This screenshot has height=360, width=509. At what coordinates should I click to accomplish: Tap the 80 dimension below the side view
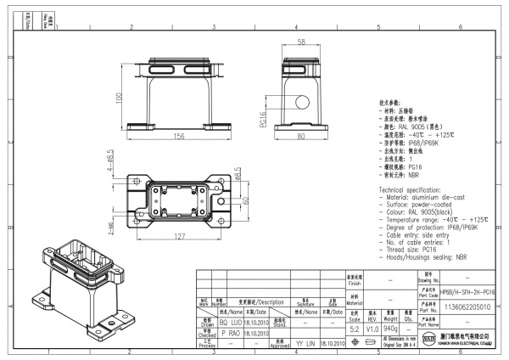pos(300,135)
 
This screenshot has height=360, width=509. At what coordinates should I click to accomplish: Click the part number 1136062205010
pos(467,307)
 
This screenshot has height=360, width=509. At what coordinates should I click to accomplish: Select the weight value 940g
pos(391,327)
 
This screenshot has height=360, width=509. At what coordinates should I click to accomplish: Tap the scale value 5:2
pos(355,327)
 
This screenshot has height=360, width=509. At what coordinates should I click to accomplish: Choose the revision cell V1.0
pos(372,327)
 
